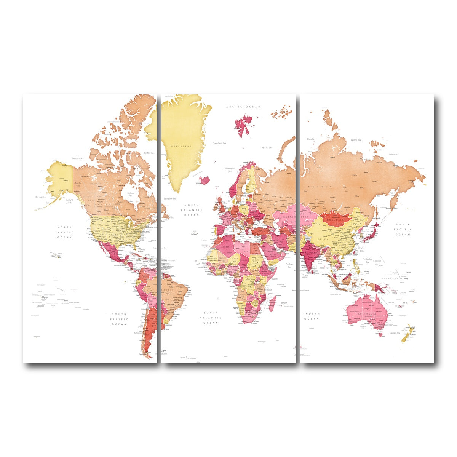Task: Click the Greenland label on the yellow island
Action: [x=181, y=146]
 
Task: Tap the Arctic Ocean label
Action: [x=243, y=107]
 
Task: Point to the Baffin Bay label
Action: [x=149, y=153]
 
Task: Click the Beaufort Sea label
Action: [x=77, y=158]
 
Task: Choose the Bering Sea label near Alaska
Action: [x=40, y=197]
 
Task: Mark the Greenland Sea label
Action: [x=219, y=143]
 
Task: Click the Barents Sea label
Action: [x=267, y=147]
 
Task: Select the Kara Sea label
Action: [x=311, y=139]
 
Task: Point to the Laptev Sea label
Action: [x=356, y=140]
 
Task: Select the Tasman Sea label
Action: [x=394, y=333]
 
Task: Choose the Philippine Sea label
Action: [x=368, y=260]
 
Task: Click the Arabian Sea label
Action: [x=289, y=265]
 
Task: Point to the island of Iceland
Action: [x=205, y=179]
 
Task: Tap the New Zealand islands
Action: [x=408, y=334]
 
